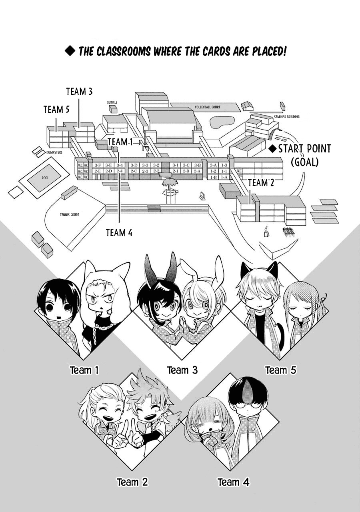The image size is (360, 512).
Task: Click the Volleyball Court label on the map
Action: point(208,107)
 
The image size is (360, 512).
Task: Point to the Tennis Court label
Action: point(70,215)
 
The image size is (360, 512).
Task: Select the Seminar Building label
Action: point(287,117)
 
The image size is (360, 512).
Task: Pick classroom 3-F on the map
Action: point(97,165)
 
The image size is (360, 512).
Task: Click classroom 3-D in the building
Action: point(134,165)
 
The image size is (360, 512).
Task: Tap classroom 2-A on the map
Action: point(196,171)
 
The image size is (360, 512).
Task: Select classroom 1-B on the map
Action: point(214,177)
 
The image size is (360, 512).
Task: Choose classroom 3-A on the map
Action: point(213,165)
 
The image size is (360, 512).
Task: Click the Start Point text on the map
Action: point(304,149)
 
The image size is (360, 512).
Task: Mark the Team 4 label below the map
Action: point(119,232)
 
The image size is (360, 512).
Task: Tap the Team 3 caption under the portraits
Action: point(182,370)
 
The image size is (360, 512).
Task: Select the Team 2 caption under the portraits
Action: point(132,482)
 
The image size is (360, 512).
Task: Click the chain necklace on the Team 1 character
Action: point(105,326)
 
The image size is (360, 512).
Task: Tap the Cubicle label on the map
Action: point(112,102)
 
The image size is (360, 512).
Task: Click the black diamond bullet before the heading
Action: point(70,52)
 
